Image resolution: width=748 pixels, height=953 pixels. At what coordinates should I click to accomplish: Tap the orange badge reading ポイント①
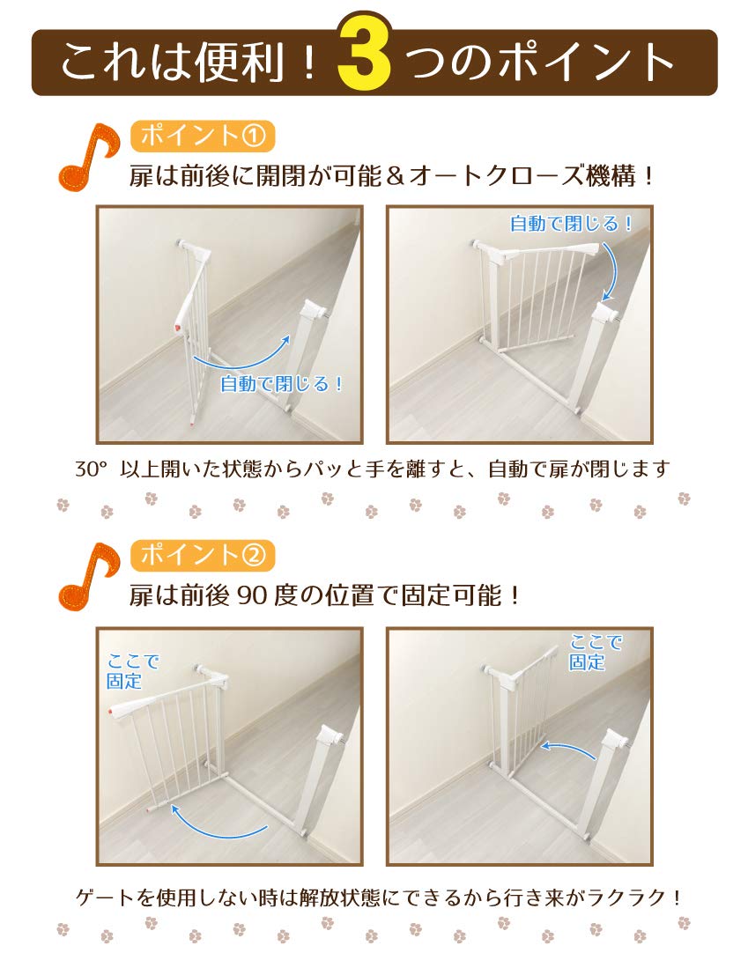[x=203, y=136]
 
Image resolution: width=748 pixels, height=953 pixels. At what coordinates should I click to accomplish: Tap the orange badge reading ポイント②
[x=203, y=555]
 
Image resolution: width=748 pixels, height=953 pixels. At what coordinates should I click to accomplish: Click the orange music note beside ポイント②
[x=87, y=578]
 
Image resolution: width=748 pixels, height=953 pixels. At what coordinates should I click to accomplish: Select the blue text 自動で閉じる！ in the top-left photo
[x=280, y=384]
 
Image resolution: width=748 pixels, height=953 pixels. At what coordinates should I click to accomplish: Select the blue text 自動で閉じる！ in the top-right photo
[x=572, y=224]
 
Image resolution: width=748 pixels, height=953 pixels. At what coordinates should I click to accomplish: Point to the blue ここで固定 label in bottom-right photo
[x=596, y=652]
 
